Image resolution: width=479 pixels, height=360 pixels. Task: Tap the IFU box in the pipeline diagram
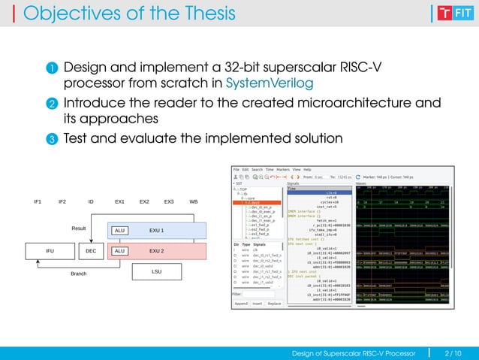[50, 251]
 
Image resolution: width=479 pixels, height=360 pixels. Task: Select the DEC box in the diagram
[92, 251]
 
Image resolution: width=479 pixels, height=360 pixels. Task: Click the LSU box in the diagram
[157, 271]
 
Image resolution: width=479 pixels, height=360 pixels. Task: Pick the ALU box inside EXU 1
[119, 231]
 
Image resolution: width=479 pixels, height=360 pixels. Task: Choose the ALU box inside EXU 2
[119, 251]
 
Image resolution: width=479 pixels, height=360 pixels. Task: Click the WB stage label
[194, 202]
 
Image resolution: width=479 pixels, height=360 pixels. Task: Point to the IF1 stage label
[39, 202]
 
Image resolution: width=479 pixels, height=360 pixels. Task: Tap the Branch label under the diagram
[79, 274]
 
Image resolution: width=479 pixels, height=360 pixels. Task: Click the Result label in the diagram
[80, 227]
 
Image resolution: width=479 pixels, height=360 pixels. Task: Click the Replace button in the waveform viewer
[275, 304]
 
